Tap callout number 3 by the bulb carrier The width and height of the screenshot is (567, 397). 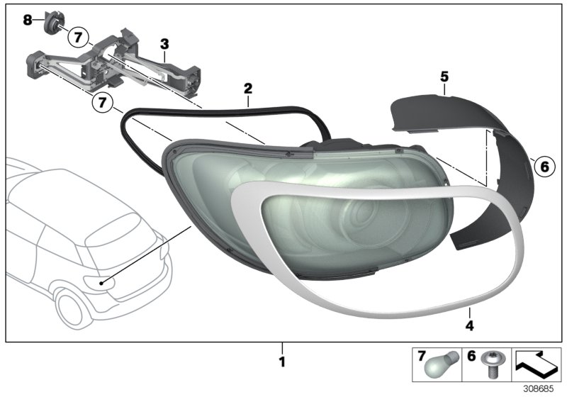[x=164, y=44]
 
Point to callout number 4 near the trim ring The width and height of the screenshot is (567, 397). [x=468, y=326]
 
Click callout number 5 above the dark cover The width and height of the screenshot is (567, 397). [x=444, y=75]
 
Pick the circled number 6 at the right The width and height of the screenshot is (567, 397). [x=544, y=167]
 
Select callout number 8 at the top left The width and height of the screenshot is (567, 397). [x=28, y=20]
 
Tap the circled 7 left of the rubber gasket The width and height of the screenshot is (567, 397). [x=103, y=104]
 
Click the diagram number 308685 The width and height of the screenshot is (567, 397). [x=541, y=388]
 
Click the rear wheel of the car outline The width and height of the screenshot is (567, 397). [x=70, y=309]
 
